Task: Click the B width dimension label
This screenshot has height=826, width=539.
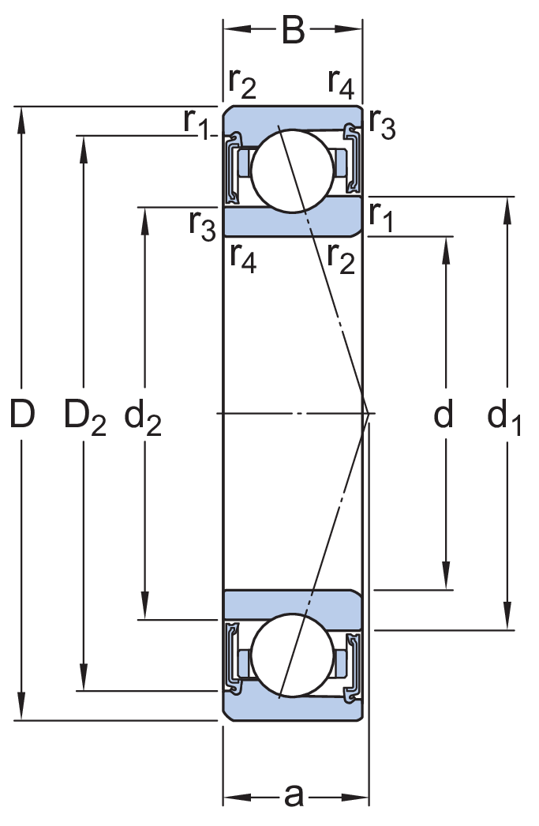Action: click(294, 30)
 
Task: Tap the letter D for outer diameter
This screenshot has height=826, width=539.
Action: click(23, 414)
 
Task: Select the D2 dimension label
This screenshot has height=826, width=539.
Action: click(84, 416)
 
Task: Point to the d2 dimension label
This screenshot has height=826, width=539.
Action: click(143, 416)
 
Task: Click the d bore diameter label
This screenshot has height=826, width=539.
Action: click(444, 413)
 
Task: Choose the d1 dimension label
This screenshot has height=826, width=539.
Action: click(503, 416)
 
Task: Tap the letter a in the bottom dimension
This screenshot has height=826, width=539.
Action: click(294, 795)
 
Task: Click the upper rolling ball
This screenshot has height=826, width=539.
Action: click(292, 171)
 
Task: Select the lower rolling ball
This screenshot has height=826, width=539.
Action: click(292, 655)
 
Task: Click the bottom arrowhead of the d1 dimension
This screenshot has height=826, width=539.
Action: click(507, 616)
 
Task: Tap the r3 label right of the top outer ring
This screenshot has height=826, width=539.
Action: click(382, 124)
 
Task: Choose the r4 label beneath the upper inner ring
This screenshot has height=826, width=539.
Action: click(243, 258)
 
